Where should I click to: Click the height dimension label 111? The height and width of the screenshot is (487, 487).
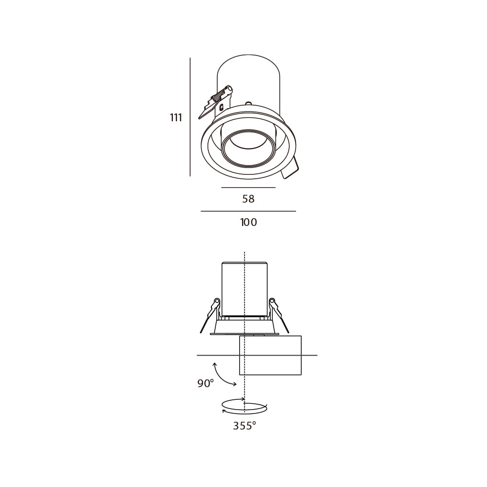tap(176, 118)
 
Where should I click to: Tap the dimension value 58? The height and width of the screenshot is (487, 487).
tap(248, 199)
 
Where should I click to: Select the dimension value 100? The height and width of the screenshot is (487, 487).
tap(249, 223)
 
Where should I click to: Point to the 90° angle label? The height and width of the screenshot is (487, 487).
tap(206, 383)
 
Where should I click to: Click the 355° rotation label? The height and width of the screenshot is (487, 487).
tap(244, 426)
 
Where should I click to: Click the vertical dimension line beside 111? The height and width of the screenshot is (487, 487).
tap(190, 117)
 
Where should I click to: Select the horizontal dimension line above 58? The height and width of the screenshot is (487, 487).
tap(248, 187)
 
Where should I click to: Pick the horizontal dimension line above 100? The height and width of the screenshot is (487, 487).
tap(248, 211)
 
